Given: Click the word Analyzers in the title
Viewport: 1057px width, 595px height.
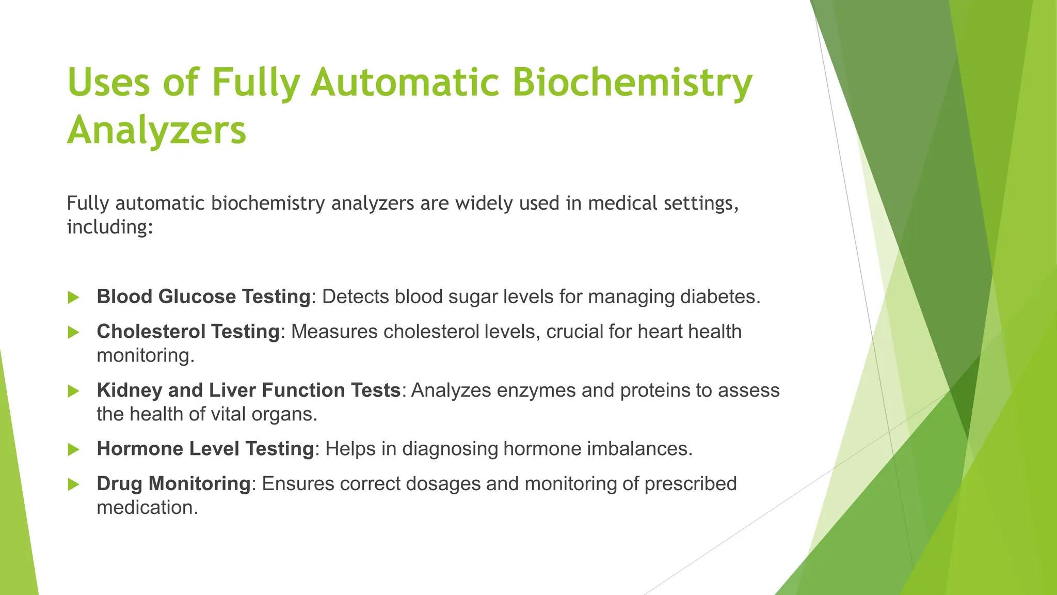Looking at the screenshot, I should coord(156,130).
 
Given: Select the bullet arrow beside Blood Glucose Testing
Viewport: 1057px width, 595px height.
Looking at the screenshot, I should coord(74,297).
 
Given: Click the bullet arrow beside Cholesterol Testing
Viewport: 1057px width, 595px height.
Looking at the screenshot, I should coord(74,333).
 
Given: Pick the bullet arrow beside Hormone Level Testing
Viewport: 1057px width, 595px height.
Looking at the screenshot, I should coord(74,450).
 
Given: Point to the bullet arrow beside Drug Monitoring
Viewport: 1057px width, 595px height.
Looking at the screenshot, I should coord(74,485).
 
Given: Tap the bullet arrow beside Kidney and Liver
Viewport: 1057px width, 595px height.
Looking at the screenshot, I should coord(74,392).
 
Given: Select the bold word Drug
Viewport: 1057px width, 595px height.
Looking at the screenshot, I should coord(119,484).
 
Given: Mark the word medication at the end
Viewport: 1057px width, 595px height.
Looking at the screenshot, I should coord(147,508).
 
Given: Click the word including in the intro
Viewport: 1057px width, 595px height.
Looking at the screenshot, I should coord(109,227).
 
